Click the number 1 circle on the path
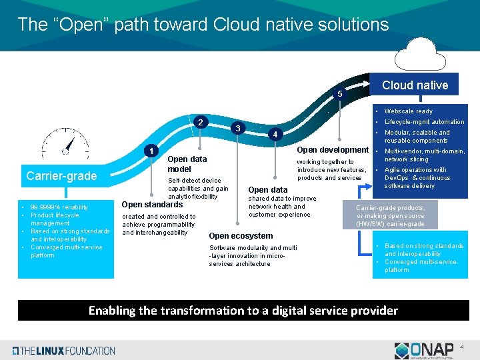point(151,151)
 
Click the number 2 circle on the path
point(201,123)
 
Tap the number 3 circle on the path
point(238,127)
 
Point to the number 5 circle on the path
point(339,94)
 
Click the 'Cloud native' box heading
point(415,85)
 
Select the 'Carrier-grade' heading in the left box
point(61,176)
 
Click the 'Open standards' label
point(153,205)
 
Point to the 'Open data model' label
point(187,164)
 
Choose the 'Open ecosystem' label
point(241,236)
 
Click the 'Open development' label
point(333,150)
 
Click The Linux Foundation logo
point(64,351)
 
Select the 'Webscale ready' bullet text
point(409,111)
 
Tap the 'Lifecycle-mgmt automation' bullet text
point(424,122)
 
